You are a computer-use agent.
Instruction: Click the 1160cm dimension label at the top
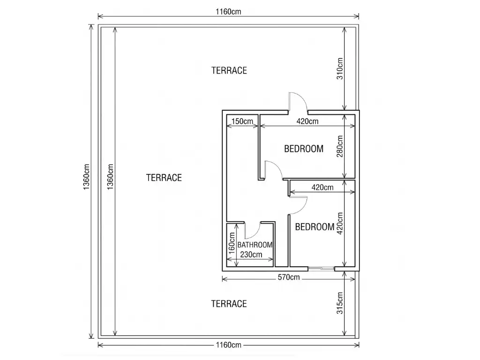click(x=228, y=12)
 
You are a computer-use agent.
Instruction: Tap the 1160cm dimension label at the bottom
click(x=228, y=345)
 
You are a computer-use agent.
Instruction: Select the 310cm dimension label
click(x=340, y=69)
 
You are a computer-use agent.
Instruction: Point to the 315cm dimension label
click(x=340, y=303)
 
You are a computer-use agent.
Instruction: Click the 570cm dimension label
click(x=289, y=277)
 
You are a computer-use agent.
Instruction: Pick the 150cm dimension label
click(x=242, y=121)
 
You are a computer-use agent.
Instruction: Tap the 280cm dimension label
click(x=340, y=146)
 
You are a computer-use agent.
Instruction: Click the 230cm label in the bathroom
click(x=251, y=255)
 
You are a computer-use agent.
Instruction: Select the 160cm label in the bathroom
click(x=232, y=243)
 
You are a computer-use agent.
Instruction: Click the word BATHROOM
click(x=255, y=245)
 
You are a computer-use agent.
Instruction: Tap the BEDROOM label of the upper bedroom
click(x=304, y=149)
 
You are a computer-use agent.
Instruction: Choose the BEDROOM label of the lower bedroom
click(x=315, y=227)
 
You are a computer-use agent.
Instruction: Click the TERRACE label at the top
click(x=229, y=70)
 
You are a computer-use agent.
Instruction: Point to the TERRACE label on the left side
click(x=164, y=178)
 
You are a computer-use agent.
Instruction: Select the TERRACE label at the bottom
click(x=229, y=304)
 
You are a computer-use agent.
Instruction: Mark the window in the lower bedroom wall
click(x=321, y=269)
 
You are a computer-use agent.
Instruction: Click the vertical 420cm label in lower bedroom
click(x=340, y=224)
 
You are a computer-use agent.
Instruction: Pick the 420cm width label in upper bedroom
click(x=307, y=121)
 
